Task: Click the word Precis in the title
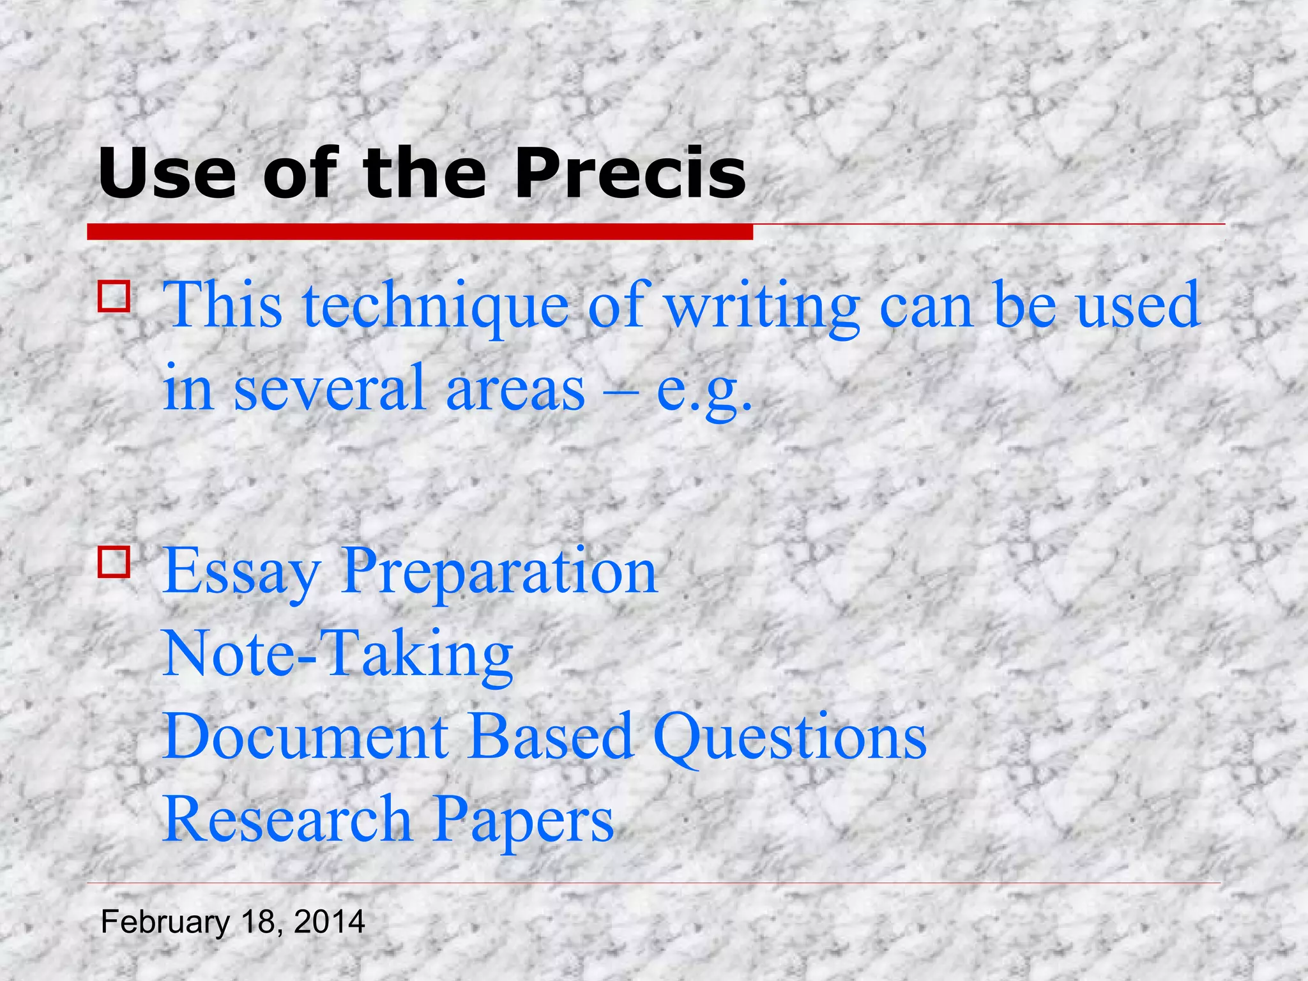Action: [x=630, y=174]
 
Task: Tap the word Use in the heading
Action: [x=167, y=174]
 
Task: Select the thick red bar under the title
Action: [x=420, y=232]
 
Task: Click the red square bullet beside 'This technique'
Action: [x=114, y=296]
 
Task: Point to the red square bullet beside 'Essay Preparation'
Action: [x=114, y=561]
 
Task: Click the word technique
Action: [x=436, y=307]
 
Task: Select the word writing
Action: [x=763, y=307]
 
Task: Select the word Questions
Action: [x=789, y=738]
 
